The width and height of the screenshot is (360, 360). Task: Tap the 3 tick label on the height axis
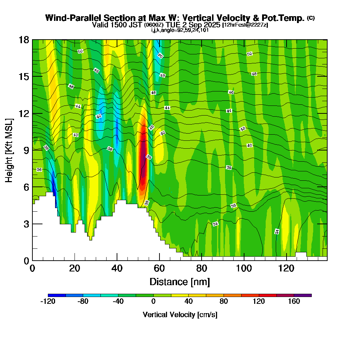click(x=26, y=224)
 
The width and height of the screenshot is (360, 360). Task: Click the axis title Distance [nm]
click(x=180, y=282)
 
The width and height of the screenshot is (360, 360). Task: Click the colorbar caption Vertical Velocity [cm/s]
click(x=180, y=315)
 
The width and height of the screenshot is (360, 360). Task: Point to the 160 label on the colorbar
click(x=294, y=302)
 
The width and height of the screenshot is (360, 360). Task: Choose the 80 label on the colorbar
click(x=224, y=302)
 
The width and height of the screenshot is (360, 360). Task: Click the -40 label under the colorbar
click(x=118, y=302)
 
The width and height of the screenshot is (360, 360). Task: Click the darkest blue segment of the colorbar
click(x=57, y=295)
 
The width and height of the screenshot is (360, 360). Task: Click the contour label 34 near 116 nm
click(x=277, y=231)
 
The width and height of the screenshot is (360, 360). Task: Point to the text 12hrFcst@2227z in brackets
click(x=246, y=25)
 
